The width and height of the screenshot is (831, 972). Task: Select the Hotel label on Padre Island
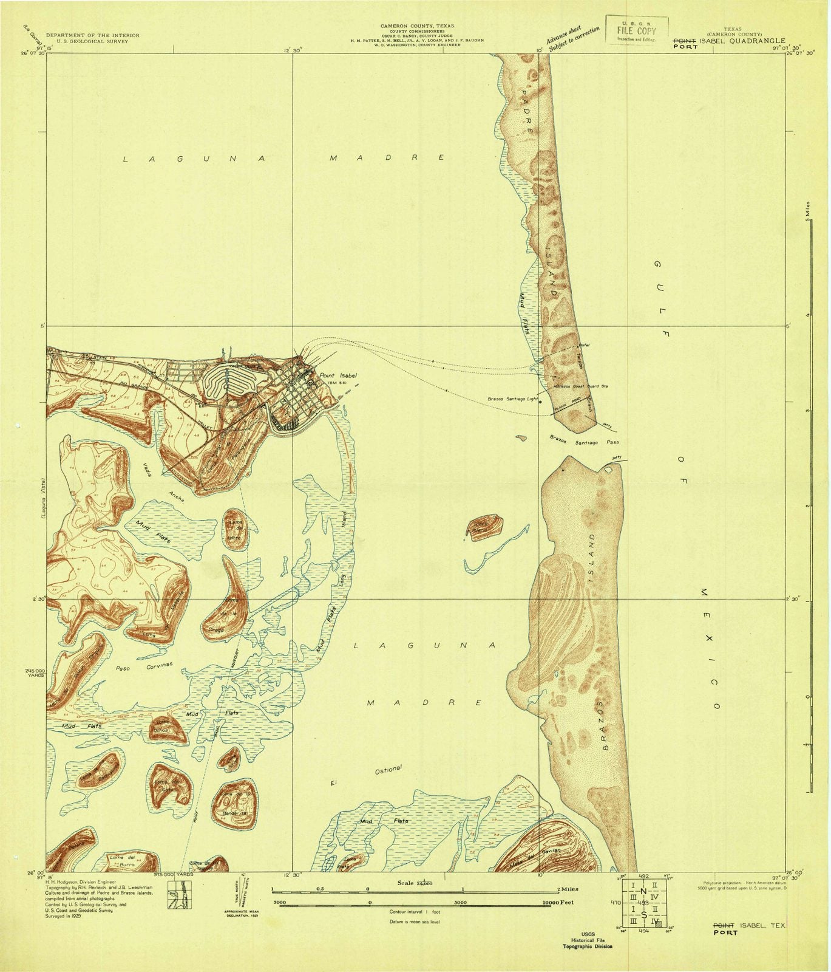[584, 346]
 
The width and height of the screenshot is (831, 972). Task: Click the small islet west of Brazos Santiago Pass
[520, 437]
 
